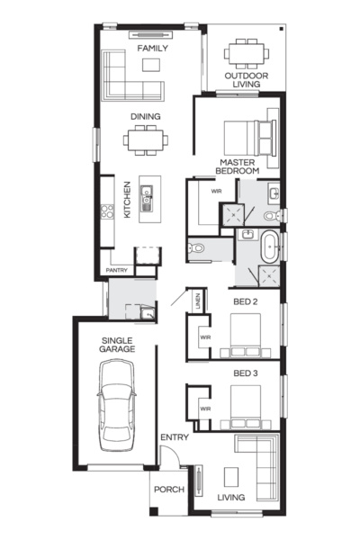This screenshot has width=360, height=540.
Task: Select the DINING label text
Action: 146,116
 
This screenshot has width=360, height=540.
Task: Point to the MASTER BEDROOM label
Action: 238,166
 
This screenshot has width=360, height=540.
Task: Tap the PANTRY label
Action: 117,270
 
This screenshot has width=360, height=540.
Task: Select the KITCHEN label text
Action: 128,200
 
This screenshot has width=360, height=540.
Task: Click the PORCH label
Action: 168,490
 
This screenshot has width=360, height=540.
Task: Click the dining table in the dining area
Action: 146,139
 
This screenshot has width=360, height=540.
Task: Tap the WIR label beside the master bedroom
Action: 216,192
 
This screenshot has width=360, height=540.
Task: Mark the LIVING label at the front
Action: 231,497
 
